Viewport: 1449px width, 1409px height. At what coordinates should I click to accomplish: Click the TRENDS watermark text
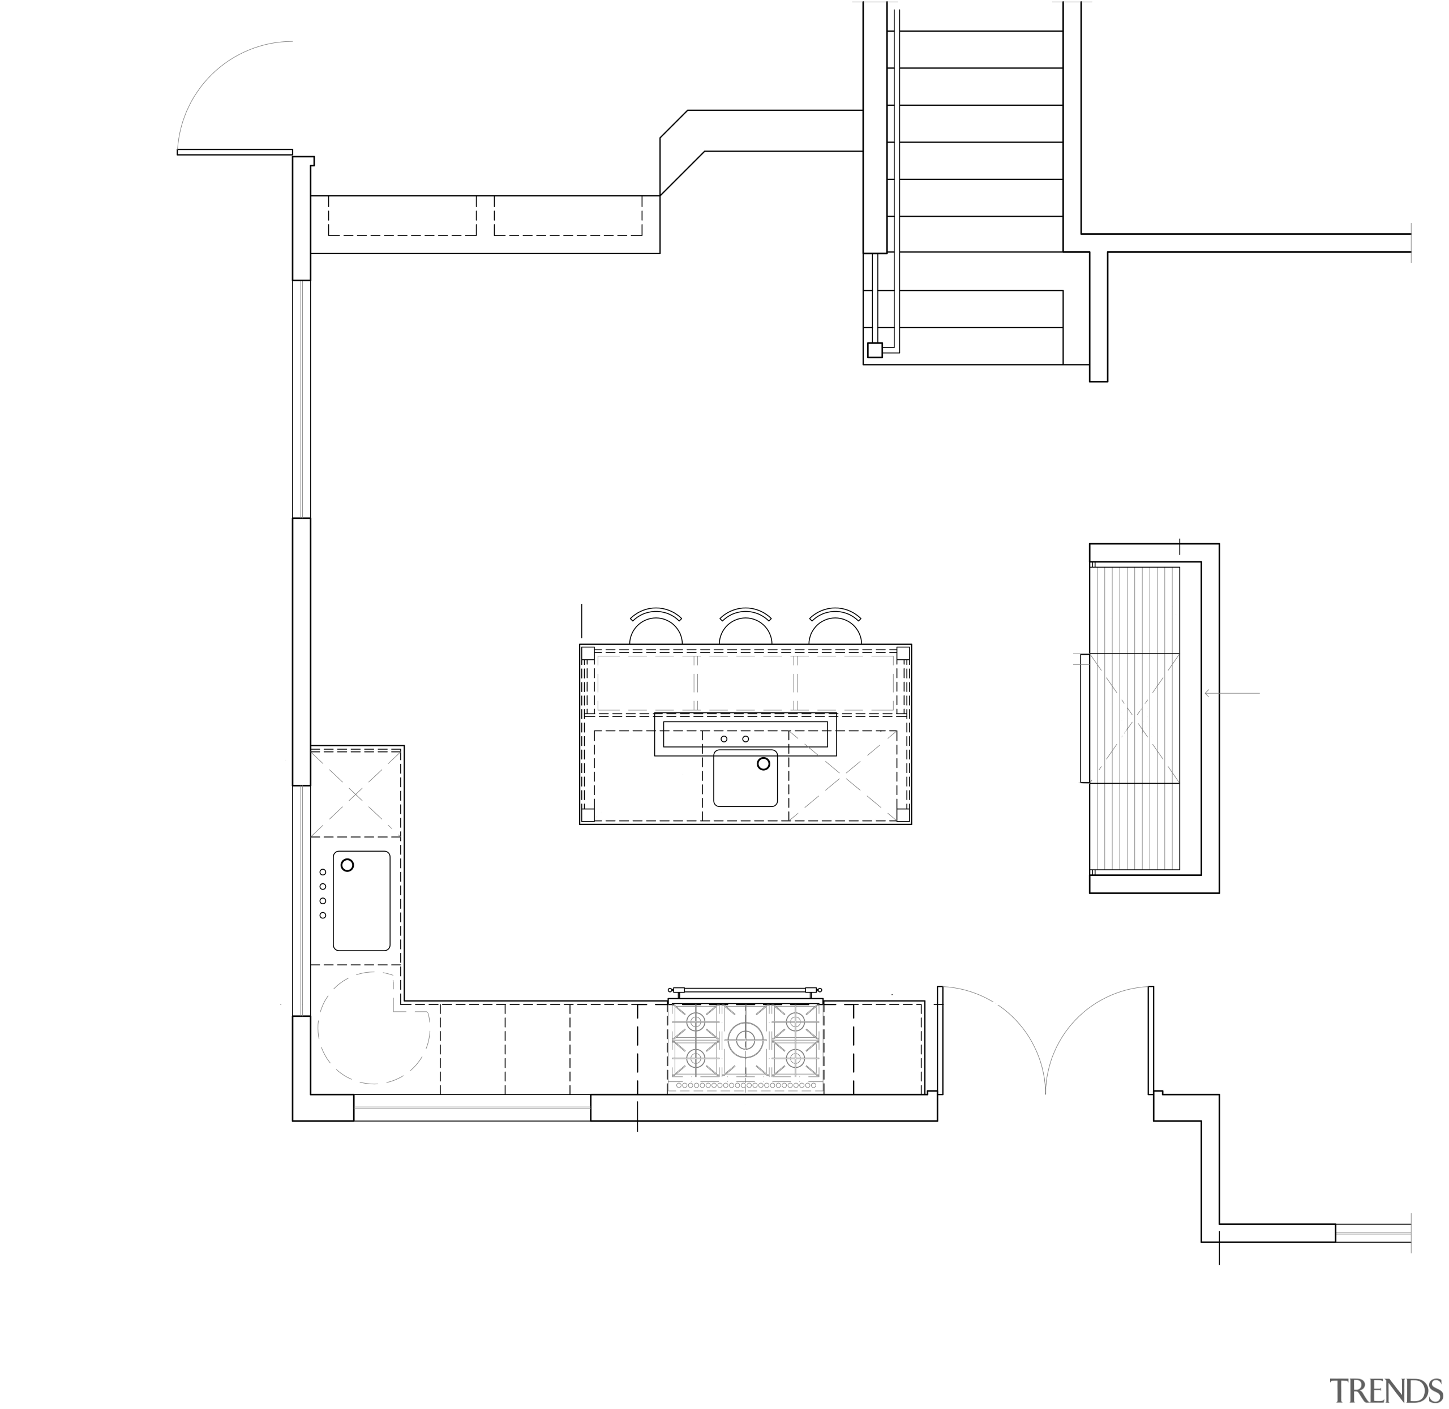point(1386,1390)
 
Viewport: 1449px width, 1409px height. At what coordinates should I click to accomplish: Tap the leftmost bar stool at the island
point(655,628)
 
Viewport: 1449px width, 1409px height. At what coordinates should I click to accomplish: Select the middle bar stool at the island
point(746,628)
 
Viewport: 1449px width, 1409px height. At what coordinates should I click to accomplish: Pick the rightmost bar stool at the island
point(835,628)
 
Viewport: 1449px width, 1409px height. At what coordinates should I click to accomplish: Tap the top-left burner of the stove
point(696,1022)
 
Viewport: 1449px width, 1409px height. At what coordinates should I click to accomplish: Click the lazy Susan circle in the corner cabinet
point(373,1028)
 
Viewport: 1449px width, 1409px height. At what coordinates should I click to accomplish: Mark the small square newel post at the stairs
point(874,350)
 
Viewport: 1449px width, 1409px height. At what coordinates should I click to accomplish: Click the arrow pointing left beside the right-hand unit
point(1231,693)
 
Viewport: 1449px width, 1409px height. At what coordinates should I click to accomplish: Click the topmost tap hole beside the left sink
point(323,873)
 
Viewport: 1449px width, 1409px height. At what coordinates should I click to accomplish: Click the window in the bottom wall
point(471,1108)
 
